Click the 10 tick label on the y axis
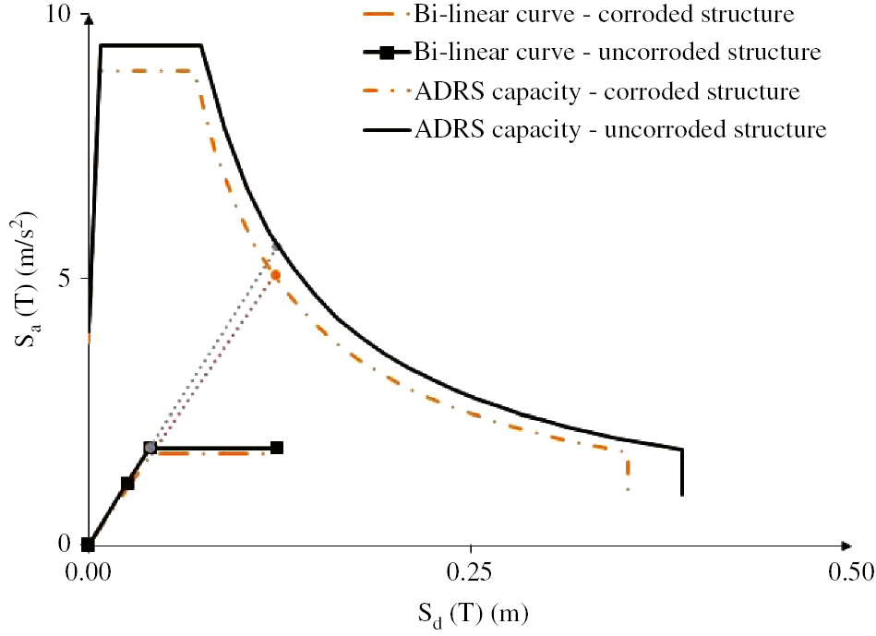click(x=57, y=16)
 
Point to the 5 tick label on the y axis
click(x=65, y=279)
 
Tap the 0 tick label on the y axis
click(x=65, y=544)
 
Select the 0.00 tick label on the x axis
click(x=88, y=572)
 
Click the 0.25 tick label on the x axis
click(x=471, y=572)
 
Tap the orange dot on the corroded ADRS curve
click(x=275, y=275)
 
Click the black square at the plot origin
click(x=88, y=545)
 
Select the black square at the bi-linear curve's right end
click(x=277, y=448)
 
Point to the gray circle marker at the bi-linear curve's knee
click(x=150, y=448)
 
